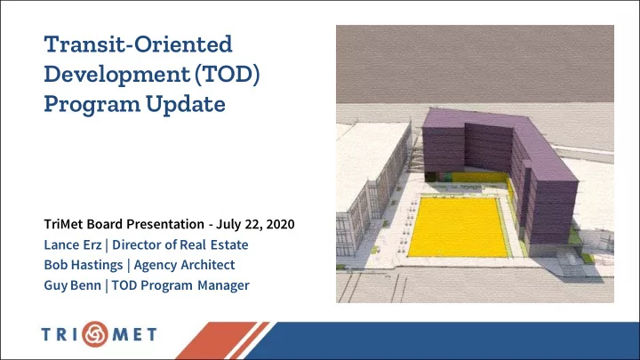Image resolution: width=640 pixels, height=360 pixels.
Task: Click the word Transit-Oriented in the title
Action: (138, 44)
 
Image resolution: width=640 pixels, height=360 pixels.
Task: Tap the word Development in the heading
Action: (116, 75)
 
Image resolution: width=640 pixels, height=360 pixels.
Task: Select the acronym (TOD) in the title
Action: (227, 75)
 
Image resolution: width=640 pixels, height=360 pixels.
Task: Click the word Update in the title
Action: (186, 105)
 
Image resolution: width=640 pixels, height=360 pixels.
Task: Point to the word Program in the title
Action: (92, 105)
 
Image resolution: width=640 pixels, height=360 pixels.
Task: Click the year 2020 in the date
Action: (280, 224)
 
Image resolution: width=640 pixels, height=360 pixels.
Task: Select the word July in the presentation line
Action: (228, 225)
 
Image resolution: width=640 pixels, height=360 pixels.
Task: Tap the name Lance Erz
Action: (73, 244)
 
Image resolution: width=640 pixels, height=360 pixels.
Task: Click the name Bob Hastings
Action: (84, 265)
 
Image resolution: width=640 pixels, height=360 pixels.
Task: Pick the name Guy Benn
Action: (73, 285)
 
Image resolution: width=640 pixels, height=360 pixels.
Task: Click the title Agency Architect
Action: (185, 265)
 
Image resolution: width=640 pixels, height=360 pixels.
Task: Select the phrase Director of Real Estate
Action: (180, 244)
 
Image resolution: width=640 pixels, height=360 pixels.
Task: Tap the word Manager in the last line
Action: (223, 285)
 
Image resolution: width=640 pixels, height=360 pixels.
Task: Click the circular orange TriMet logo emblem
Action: (95, 334)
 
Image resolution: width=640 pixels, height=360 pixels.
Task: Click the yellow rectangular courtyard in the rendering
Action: (458, 227)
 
